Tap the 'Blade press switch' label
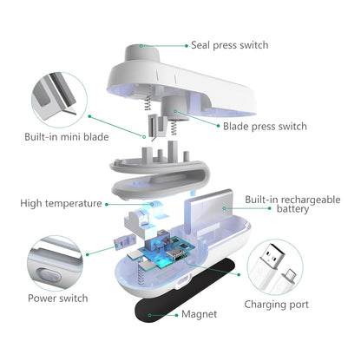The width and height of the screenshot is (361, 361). coord(265,126)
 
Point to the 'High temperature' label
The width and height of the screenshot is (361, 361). coord(60,203)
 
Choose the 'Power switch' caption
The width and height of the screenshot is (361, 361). coord(57,298)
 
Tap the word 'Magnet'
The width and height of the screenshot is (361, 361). coord(199,314)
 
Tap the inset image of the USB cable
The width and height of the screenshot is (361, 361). coord(278,260)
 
